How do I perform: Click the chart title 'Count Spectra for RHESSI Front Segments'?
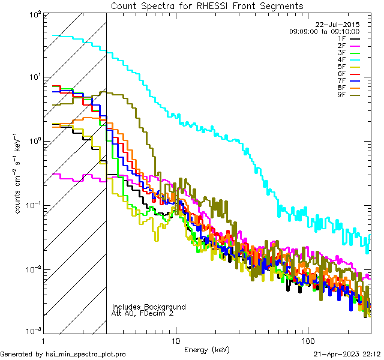pyautogui.click(x=207, y=5)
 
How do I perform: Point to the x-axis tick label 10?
pyautogui.click(x=176, y=340)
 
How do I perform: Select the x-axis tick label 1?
pyautogui.click(x=44, y=340)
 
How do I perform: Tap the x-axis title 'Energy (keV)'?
pyautogui.click(x=207, y=349)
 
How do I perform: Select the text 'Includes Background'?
pyautogui.click(x=149, y=307)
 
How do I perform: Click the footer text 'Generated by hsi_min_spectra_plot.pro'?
pyautogui.click(x=63, y=354)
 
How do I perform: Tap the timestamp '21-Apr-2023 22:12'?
pyautogui.click(x=347, y=354)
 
